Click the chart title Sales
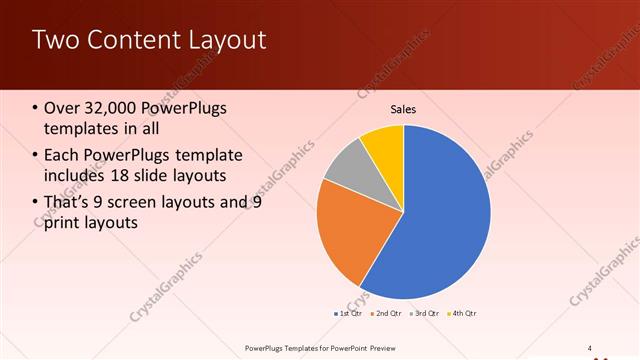[403, 109]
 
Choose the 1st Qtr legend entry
[349, 314]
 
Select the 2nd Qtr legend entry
[388, 314]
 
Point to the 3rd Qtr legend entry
[426, 314]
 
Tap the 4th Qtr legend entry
[463, 314]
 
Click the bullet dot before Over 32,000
[36, 109]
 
